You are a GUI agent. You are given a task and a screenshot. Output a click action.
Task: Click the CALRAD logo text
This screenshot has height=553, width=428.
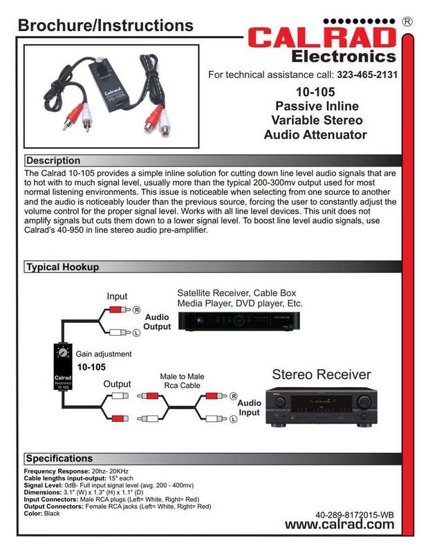click(x=322, y=37)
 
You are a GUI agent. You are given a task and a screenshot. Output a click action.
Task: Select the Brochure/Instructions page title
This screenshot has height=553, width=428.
click(x=105, y=26)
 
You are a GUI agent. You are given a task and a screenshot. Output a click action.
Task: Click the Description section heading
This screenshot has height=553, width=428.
click(x=53, y=160)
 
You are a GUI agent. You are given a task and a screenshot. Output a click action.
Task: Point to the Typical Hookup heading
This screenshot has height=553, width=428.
click(x=62, y=267)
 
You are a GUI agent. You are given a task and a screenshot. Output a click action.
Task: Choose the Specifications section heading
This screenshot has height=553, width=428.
click(x=59, y=458)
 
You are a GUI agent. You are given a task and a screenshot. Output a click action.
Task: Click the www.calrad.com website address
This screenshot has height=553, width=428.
click(x=339, y=524)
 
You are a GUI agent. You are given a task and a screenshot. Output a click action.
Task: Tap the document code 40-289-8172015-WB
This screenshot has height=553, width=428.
click(x=354, y=514)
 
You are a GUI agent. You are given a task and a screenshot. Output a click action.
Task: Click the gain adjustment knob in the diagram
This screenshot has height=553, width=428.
click(x=64, y=353)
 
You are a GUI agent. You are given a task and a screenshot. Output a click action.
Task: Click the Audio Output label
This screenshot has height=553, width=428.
click(x=157, y=321)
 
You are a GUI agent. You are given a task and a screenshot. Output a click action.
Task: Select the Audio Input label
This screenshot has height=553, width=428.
click(x=250, y=409)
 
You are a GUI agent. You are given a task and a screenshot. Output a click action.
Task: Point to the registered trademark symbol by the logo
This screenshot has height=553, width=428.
click(x=407, y=22)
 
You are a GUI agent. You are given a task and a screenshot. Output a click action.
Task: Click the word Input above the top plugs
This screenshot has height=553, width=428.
click(x=117, y=297)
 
